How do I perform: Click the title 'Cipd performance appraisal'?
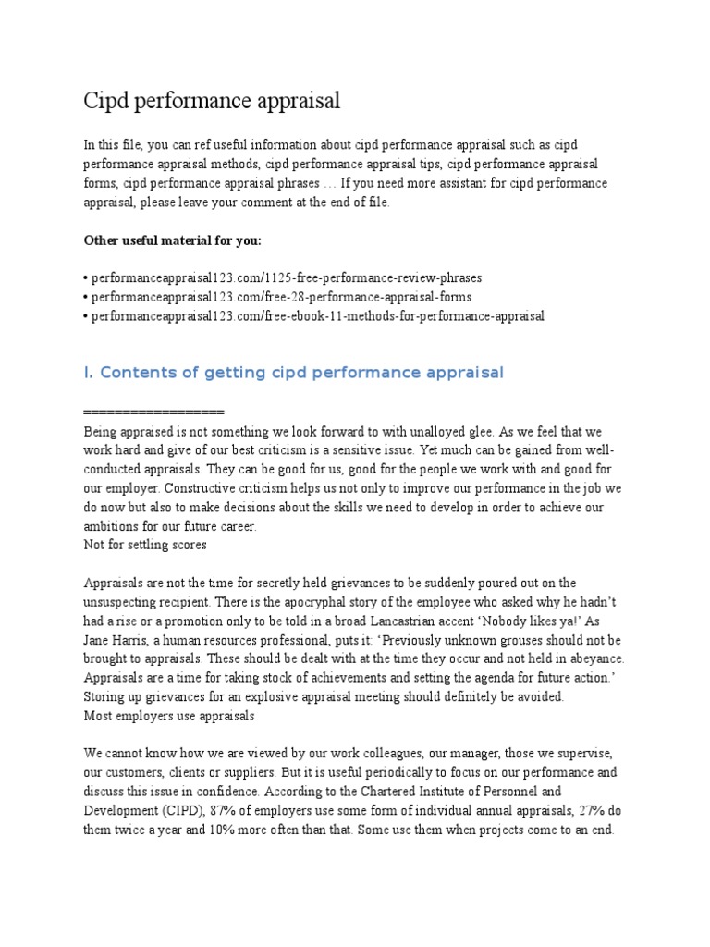(212, 101)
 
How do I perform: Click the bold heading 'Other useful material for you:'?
(173, 240)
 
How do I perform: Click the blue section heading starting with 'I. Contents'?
(294, 373)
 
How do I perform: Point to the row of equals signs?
(153, 411)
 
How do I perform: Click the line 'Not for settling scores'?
(145, 545)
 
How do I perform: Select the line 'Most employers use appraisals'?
(169, 716)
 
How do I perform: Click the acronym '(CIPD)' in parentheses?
(182, 811)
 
